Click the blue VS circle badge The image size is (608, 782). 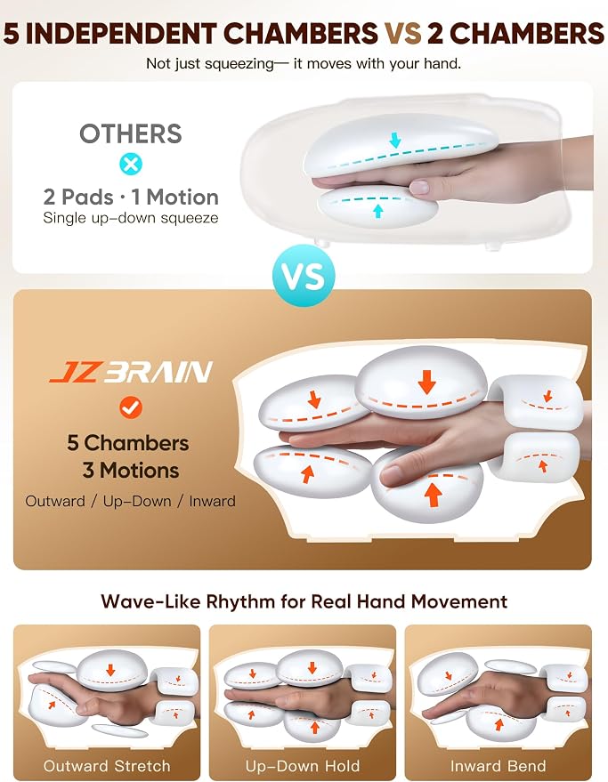click(x=304, y=276)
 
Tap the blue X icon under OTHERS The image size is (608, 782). click(x=131, y=164)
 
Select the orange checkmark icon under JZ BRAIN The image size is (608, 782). click(x=131, y=407)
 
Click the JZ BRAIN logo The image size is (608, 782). click(x=131, y=372)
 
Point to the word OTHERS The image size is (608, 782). click(x=131, y=133)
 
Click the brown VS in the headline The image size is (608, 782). click(x=403, y=34)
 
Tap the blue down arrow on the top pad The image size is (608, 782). click(x=395, y=140)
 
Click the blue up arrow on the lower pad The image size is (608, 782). click(x=377, y=211)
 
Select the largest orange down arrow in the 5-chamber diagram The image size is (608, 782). click(x=426, y=382)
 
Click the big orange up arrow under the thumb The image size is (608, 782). click(x=434, y=496)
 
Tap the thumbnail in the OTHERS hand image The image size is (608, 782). click(x=419, y=187)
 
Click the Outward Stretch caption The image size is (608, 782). click(x=107, y=766)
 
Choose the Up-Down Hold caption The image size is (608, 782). click(x=303, y=766)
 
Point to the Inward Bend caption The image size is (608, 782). click(x=499, y=766)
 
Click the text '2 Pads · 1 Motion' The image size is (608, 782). click(x=131, y=197)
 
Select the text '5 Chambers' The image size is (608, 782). click(x=128, y=443)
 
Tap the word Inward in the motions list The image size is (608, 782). click(x=212, y=501)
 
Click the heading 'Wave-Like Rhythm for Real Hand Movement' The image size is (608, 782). click(x=304, y=601)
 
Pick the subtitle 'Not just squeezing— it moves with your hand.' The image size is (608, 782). click(x=304, y=64)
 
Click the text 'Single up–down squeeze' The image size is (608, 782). click(x=131, y=218)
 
